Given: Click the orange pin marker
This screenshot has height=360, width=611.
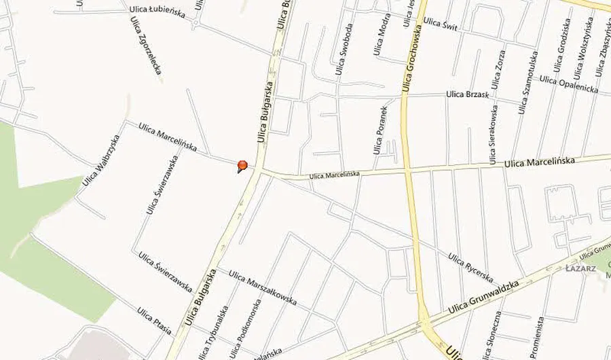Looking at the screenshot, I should (x=242, y=165).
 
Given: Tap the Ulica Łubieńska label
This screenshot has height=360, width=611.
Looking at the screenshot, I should (x=157, y=12).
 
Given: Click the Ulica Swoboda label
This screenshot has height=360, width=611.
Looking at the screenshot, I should (x=344, y=50).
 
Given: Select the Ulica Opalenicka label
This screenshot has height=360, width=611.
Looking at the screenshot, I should (x=569, y=84).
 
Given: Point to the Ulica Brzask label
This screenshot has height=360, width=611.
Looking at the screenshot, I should (x=468, y=94).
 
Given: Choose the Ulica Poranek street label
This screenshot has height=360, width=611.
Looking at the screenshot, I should (x=379, y=129).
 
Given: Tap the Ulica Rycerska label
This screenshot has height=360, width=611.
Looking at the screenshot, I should (x=470, y=268).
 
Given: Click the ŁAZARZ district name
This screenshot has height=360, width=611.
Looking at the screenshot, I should (x=580, y=268).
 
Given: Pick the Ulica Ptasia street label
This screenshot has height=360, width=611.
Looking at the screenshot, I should (x=154, y=321).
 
